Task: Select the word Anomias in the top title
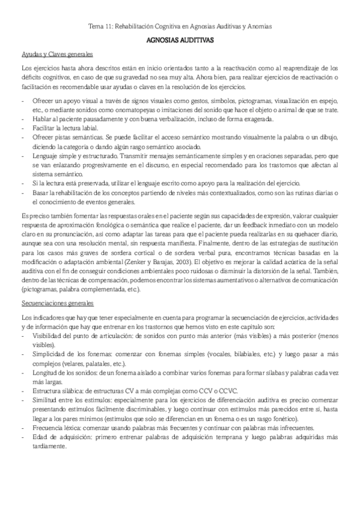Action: tap(259, 27)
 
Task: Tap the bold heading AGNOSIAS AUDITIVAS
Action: tap(180, 41)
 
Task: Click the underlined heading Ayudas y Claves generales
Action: tap(53, 54)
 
